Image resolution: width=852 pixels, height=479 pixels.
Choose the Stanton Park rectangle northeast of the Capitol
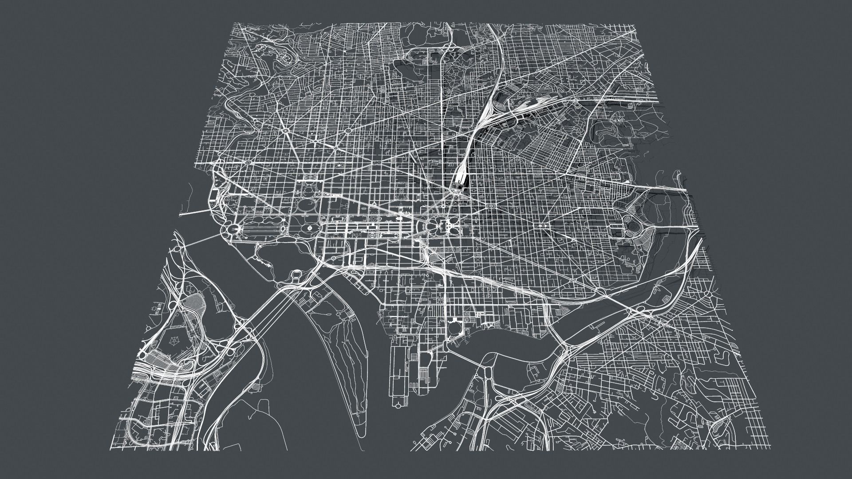click(491, 207)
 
